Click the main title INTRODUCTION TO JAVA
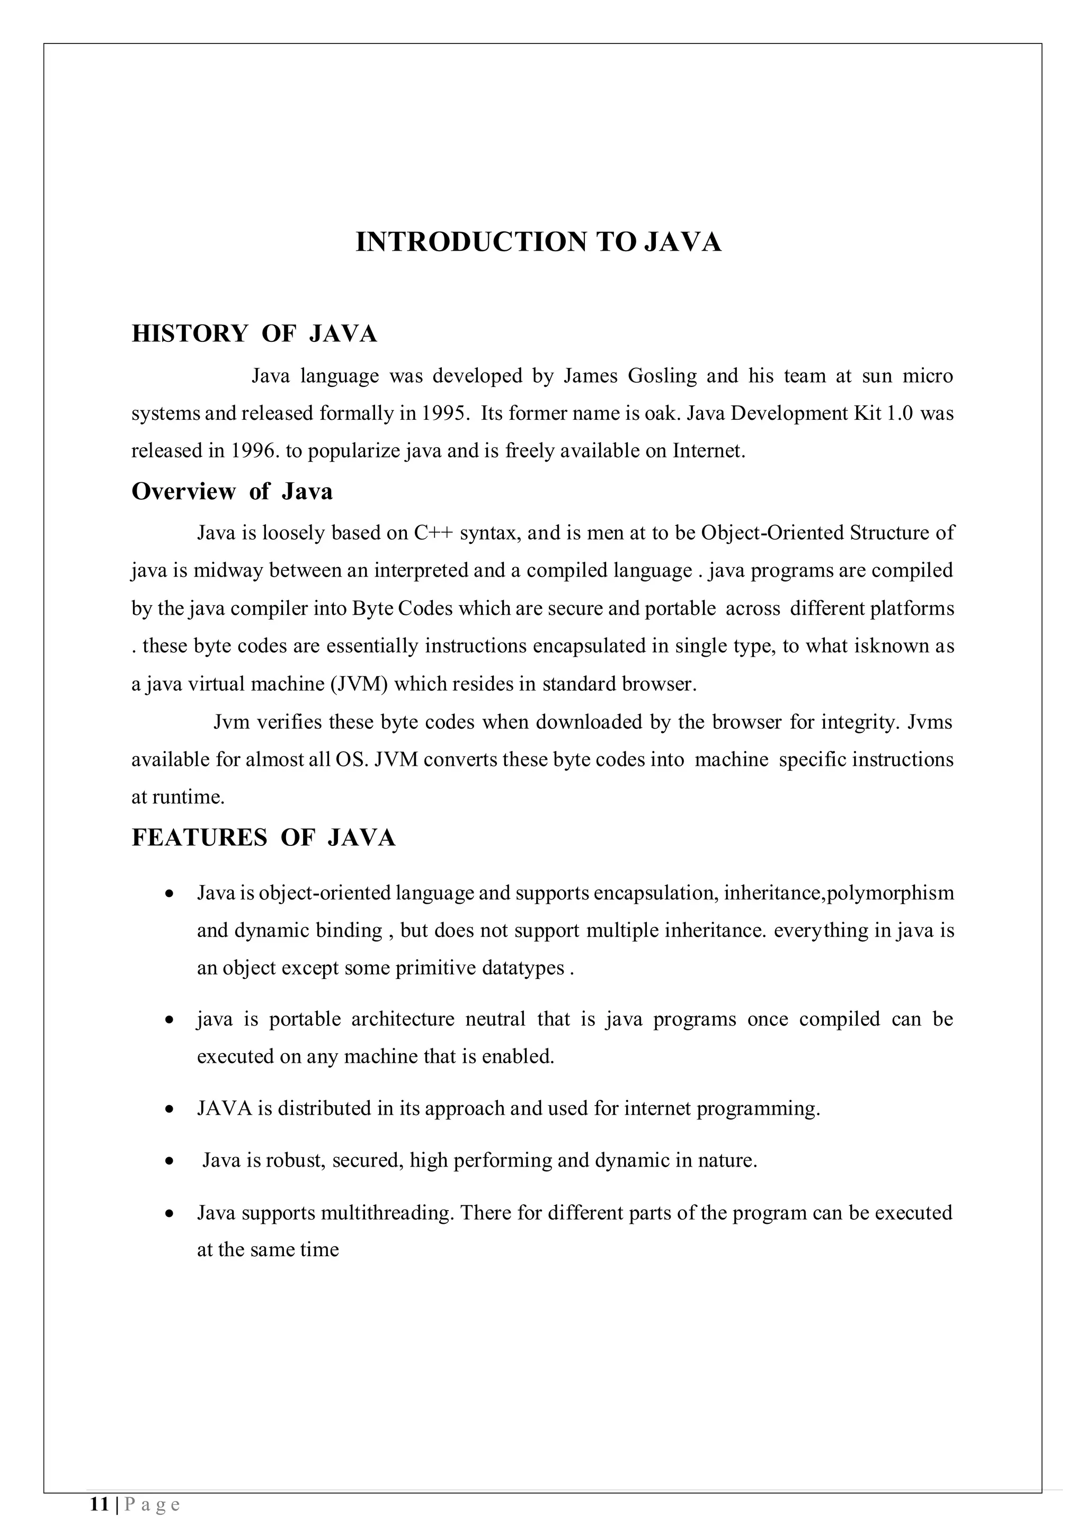point(538,242)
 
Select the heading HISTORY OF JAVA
point(254,333)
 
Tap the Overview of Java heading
point(232,492)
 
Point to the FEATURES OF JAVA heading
point(263,837)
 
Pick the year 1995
point(442,413)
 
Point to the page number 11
point(99,1505)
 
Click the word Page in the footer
point(153,1505)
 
